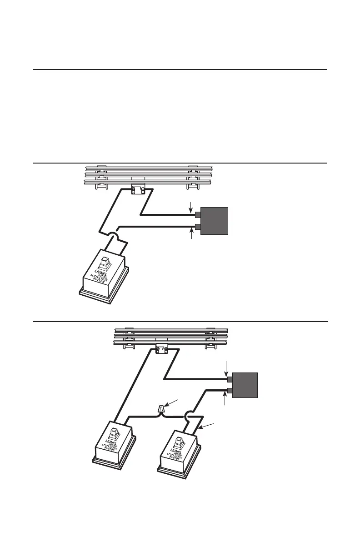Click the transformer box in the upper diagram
[x=214, y=221]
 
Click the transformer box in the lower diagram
[x=245, y=385]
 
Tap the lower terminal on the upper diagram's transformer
[x=198, y=227]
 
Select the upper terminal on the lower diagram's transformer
[x=230, y=379]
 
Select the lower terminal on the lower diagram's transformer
[x=230, y=391]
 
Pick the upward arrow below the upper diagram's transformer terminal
[x=190, y=234]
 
